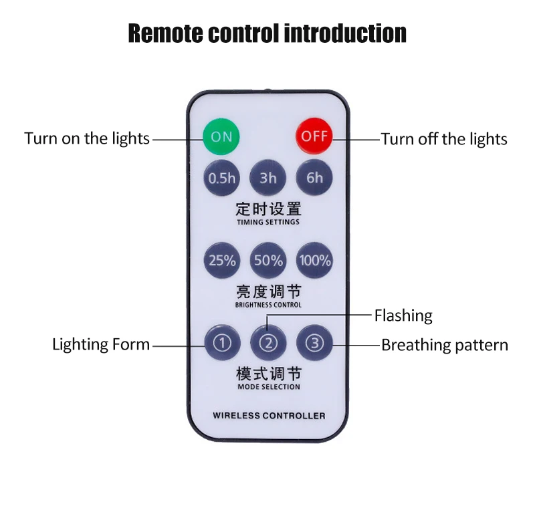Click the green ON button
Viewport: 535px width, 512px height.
pyautogui.click(x=221, y=136)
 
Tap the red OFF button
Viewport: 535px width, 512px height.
pyautogui.click(x=314, y=136)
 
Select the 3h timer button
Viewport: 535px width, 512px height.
pyautogui.click(x=268, y=178)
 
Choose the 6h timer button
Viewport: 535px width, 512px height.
pyautogui.click(x=314, y=178)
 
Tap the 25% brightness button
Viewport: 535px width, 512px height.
pyautogui.click(x=222, y=260)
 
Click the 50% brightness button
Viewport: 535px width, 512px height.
pyautogui.click(x=268, y=260)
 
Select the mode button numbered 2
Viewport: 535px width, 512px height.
pyautogui.click(x=268, y=344)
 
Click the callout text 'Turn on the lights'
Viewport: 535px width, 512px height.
pyautogui.click(x=87, y=139)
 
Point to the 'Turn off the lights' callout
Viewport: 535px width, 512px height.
pyautogui.click(x=444, y=139)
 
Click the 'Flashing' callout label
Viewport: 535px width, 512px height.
pyautogui.click(x=403, y=315)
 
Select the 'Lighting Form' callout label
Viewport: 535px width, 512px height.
pyautogui.click(x=101, y=345)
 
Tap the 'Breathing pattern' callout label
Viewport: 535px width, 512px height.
pyautogui.click(x=445, y=346)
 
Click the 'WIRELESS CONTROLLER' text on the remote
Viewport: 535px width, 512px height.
pyautogui.click(x=269, y=416)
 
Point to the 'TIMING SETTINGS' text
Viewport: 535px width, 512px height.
pyautogui.click(x=268, y=222)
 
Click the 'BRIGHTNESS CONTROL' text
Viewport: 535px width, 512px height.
pyautogui.click(x=268, y=305)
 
